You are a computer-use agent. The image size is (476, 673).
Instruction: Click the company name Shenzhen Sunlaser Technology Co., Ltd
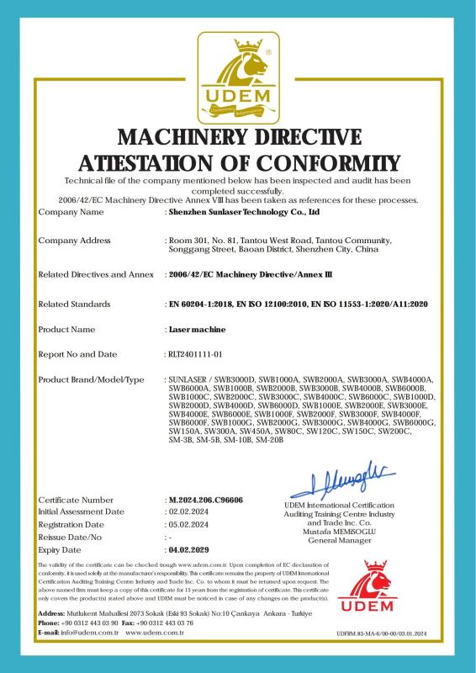(x=245, y=214)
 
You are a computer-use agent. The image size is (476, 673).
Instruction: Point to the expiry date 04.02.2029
(x=190, y=548)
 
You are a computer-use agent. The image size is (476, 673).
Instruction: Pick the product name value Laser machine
(x=194, y=329)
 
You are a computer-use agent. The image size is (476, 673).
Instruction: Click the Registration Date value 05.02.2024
(x=188, y=523)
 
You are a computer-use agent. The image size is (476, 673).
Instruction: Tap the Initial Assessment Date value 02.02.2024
(x=188, y=511)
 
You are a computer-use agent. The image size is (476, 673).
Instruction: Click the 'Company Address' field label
(x=74, y=241)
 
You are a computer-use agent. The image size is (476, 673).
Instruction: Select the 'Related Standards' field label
(x=75, y=303)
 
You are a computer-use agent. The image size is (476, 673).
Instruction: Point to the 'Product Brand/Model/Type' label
(x=92, y=380)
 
